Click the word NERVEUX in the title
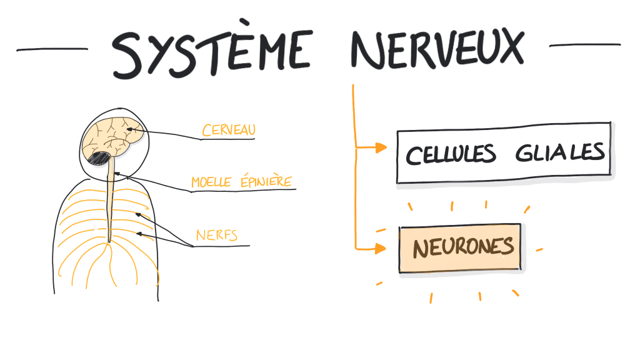click(x=436, y=50)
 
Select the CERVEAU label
click(x=229, y=130)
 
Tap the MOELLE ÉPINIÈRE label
click(x=241, y=182)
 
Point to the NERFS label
click(x=216, y=236)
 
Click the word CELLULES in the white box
click(x=451, y=154)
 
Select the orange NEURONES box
click(x=459, y=247)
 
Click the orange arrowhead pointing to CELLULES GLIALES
click(x=381, y=148)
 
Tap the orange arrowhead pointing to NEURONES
click(x=381, y=249)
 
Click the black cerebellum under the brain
click(x=99, y=156)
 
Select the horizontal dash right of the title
click(x=584, y=45)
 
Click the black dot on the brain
click(x=129, y=129)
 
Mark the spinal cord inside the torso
click(x=109, y=206)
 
